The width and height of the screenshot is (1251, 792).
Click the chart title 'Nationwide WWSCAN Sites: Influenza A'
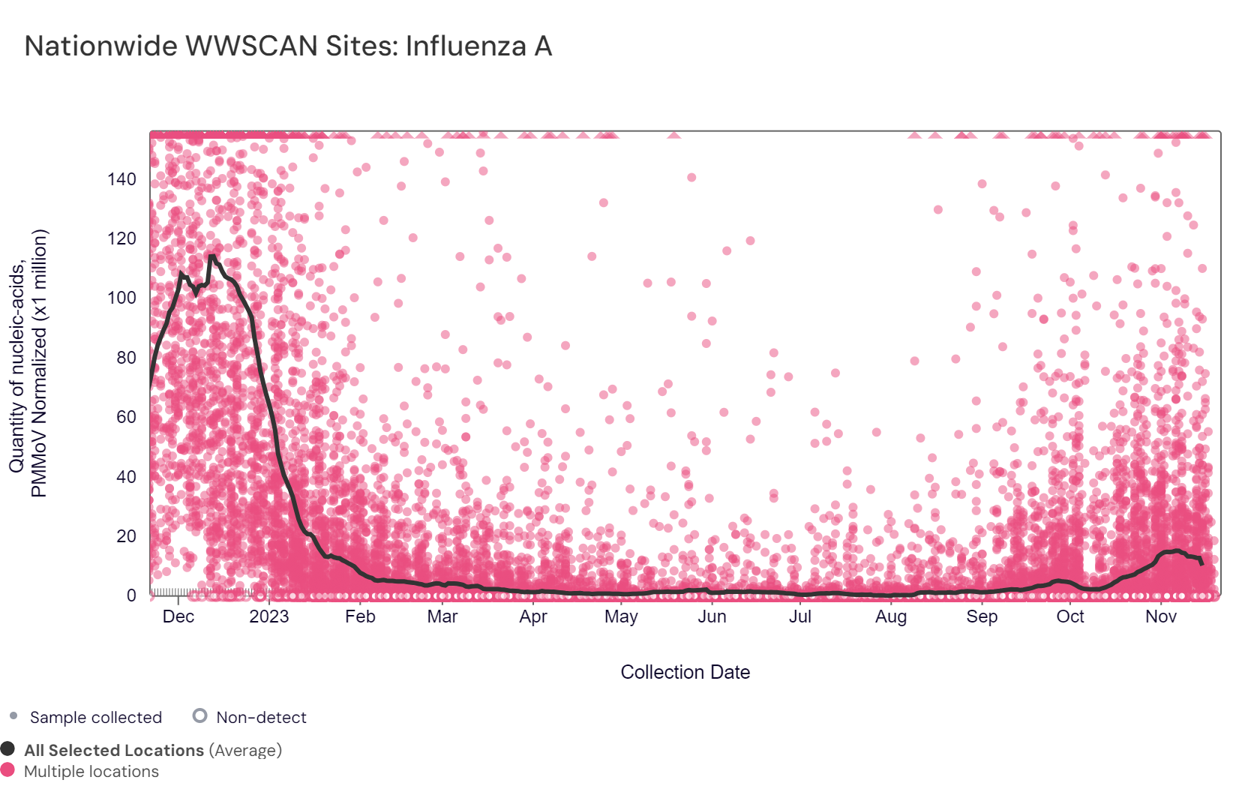click(288, 46)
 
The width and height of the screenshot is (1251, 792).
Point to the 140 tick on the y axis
click(121, 179)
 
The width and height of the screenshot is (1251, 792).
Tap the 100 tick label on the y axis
click(121, 298)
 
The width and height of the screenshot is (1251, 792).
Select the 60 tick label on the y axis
click(126, 417)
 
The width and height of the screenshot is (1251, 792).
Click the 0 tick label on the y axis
click(131, 595)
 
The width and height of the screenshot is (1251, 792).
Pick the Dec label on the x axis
click(178, 616)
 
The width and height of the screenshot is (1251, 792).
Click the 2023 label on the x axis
click(268, 616)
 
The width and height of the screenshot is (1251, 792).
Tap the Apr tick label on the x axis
click(533, 616)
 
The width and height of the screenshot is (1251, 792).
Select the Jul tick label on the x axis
click(800, 616)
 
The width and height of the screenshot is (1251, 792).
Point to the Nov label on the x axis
click(1160, 616)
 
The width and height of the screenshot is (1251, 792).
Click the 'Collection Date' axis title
click(685, 672)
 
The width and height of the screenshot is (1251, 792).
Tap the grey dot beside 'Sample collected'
click(13, 716)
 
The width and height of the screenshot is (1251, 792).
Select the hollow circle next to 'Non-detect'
click(199, 715)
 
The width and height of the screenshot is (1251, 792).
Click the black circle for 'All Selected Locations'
click(8, 748)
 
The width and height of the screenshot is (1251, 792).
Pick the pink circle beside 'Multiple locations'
click(8, 769)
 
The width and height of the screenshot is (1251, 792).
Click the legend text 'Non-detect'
click(261, 718)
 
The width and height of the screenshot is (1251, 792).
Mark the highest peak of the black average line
click(211, 256)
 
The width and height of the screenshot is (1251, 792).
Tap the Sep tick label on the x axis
click(982, 616)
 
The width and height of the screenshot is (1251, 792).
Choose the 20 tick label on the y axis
click(126, 536)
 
